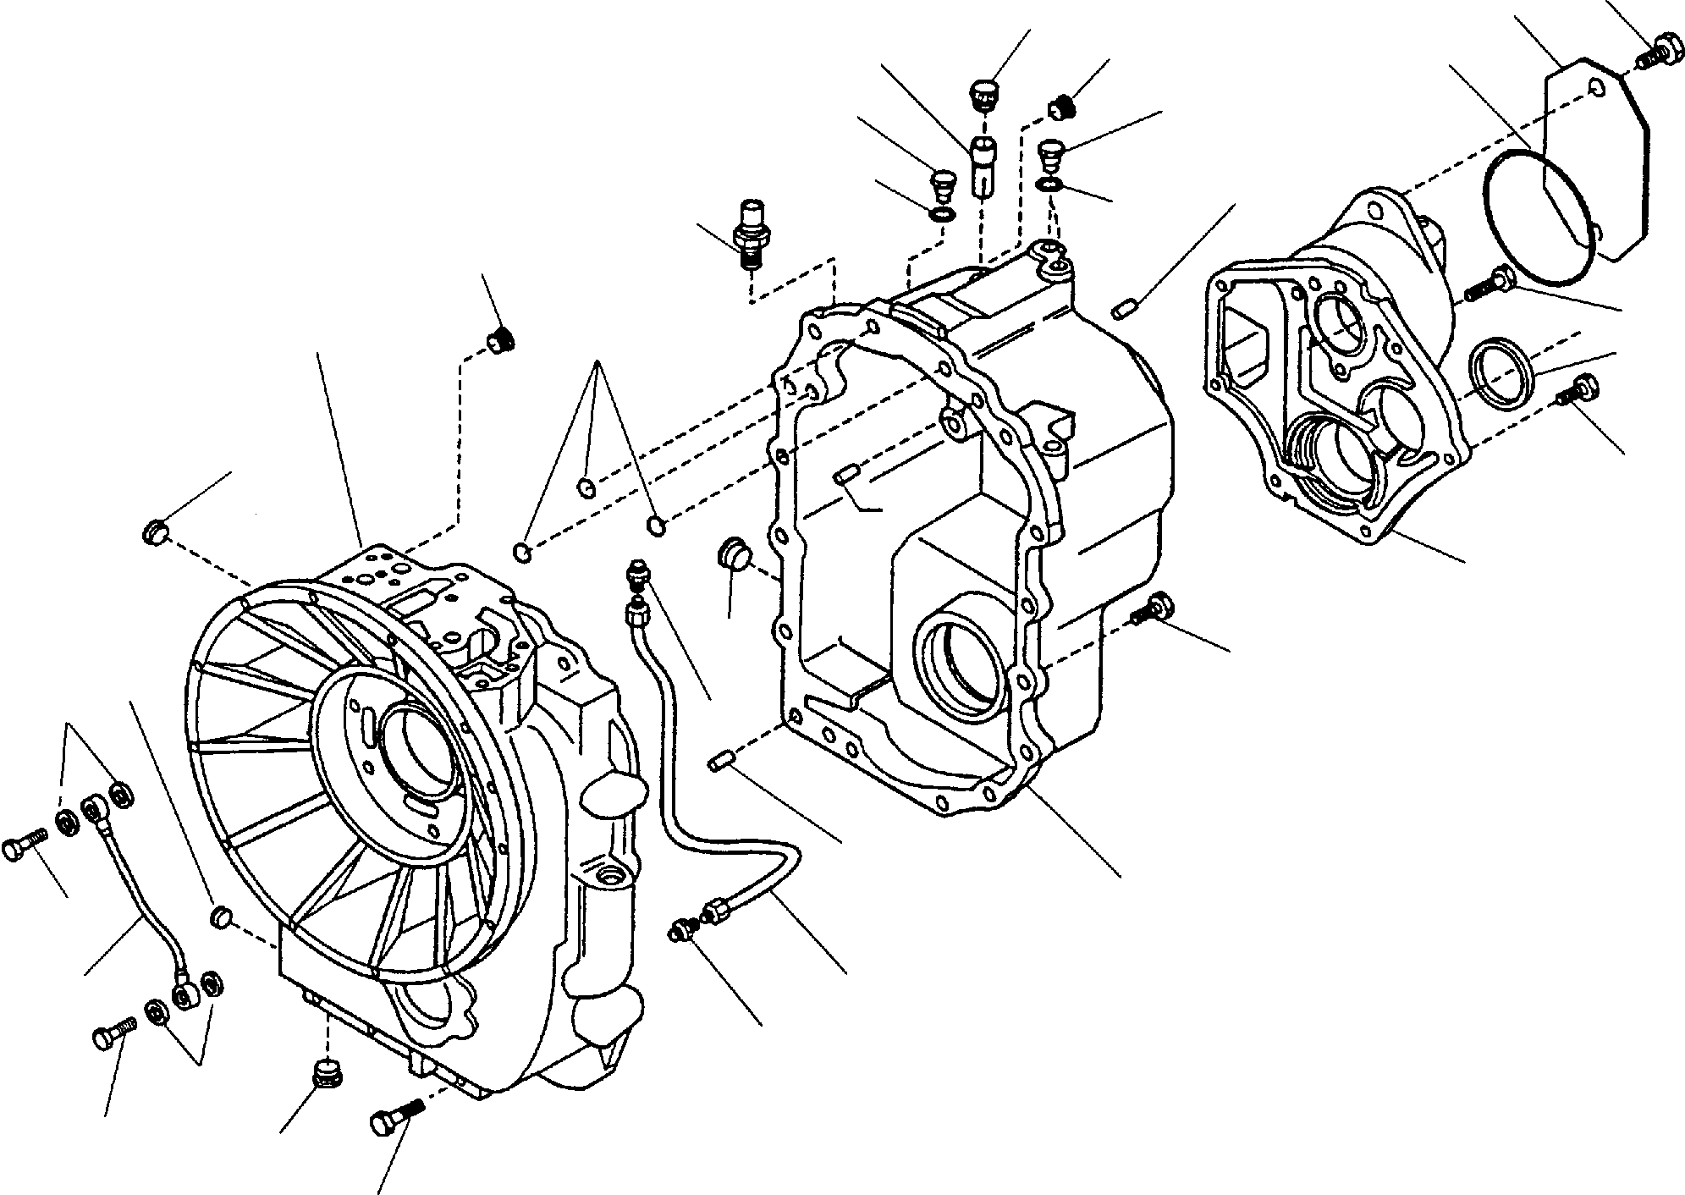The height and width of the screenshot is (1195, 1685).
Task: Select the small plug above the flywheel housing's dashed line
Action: point(500,342)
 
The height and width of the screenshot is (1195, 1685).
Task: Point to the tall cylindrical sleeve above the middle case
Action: point(982,167)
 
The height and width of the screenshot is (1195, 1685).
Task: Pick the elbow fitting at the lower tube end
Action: point(681,928)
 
